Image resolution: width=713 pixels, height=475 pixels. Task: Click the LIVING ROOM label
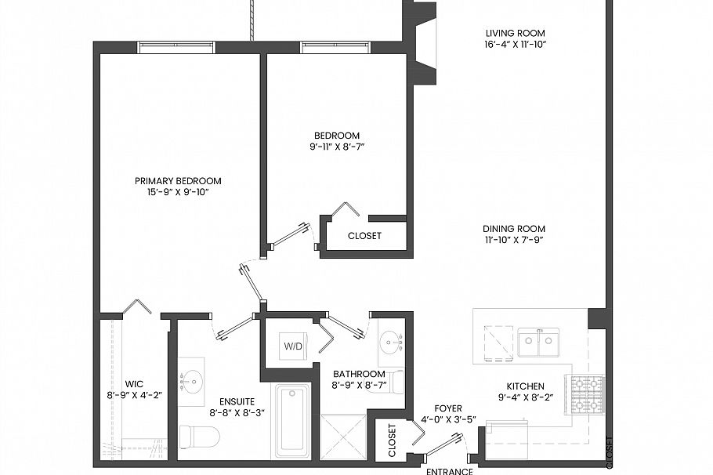[x=515, y=33]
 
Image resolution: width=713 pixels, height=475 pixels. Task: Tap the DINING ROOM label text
[x=514, y=229]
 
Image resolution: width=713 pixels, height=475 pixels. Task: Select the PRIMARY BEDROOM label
[x=178, y=180]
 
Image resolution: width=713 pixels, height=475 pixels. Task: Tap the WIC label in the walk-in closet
[x=134, y=384]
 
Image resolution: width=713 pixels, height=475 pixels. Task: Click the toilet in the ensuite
[x=197, y=437]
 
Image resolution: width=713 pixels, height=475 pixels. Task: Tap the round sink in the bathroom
[x=389, y=342]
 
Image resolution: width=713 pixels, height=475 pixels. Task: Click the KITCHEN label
[x=525, y=386]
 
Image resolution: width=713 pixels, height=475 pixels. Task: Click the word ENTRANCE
[x=449, y=471]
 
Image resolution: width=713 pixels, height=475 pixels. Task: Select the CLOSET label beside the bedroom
[x=364, y=236]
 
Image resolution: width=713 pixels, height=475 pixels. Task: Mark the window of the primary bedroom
[x=176, y=47]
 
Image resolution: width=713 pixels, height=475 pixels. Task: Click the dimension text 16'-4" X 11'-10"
[x=515, y=45]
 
